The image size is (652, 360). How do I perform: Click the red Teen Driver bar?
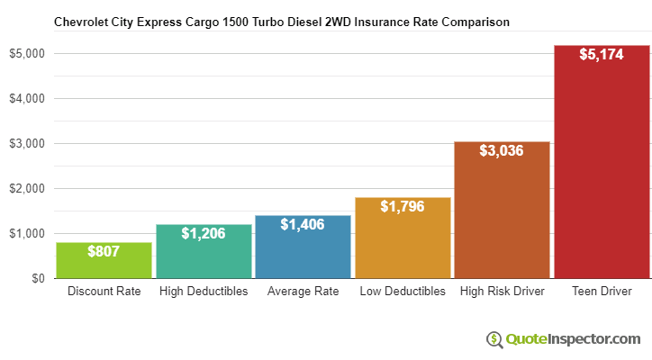pos(602,171)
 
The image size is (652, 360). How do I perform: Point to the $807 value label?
pos(104,251)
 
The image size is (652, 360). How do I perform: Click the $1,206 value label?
pos(204,233)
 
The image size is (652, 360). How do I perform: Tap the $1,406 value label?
pos(303,224)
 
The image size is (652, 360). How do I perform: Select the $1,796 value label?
pos(403,206)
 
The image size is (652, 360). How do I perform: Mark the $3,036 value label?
pos(502,150)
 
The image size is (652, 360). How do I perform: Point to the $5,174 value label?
pos(602,54)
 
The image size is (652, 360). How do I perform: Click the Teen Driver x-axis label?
pos(602,292)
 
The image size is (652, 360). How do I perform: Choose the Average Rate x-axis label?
pos(303,292)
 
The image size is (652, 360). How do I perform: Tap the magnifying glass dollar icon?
pos(494,339)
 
